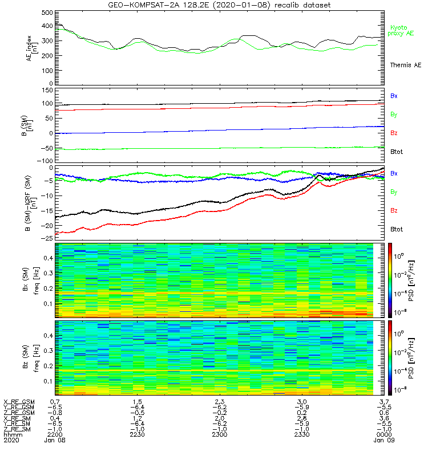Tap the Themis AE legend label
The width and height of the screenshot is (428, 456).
coord(405,66)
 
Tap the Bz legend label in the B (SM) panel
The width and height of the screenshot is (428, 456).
coord(394,133)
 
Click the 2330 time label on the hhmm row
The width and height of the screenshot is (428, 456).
coord(299,434)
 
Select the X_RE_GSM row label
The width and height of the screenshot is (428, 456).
coord(19,402)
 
